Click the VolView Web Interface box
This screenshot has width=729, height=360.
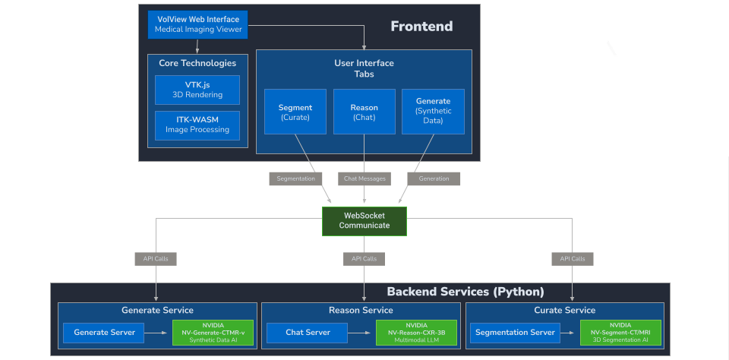click(197, 24)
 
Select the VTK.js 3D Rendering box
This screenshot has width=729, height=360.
click(197, 90)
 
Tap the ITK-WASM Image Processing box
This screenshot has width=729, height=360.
click(197, 125)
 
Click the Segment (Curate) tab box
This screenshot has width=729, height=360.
click(295, 112)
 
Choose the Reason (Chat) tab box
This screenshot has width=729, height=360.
click(364, 112)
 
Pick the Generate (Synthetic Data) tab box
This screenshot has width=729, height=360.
click(433, 112)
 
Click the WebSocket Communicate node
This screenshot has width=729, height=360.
click(364, 220)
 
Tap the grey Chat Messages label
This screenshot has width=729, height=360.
click(364, 179)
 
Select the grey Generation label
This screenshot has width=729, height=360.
click(434, 179)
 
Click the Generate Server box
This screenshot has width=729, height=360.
click(105, 332)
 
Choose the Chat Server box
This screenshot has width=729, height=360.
click(307, 332)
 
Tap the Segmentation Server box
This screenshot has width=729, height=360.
click(515, 332)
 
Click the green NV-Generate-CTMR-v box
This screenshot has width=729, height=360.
click(213, 332)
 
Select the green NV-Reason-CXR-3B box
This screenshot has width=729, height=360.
click(415, 332)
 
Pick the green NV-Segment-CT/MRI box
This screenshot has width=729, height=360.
click(620, 332)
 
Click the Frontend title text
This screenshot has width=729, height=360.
click(421, 27)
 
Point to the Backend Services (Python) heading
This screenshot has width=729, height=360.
click(465, 292)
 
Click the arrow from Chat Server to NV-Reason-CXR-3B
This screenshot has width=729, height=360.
click(361, 332)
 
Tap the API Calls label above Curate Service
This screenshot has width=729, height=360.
click(573, 259)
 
